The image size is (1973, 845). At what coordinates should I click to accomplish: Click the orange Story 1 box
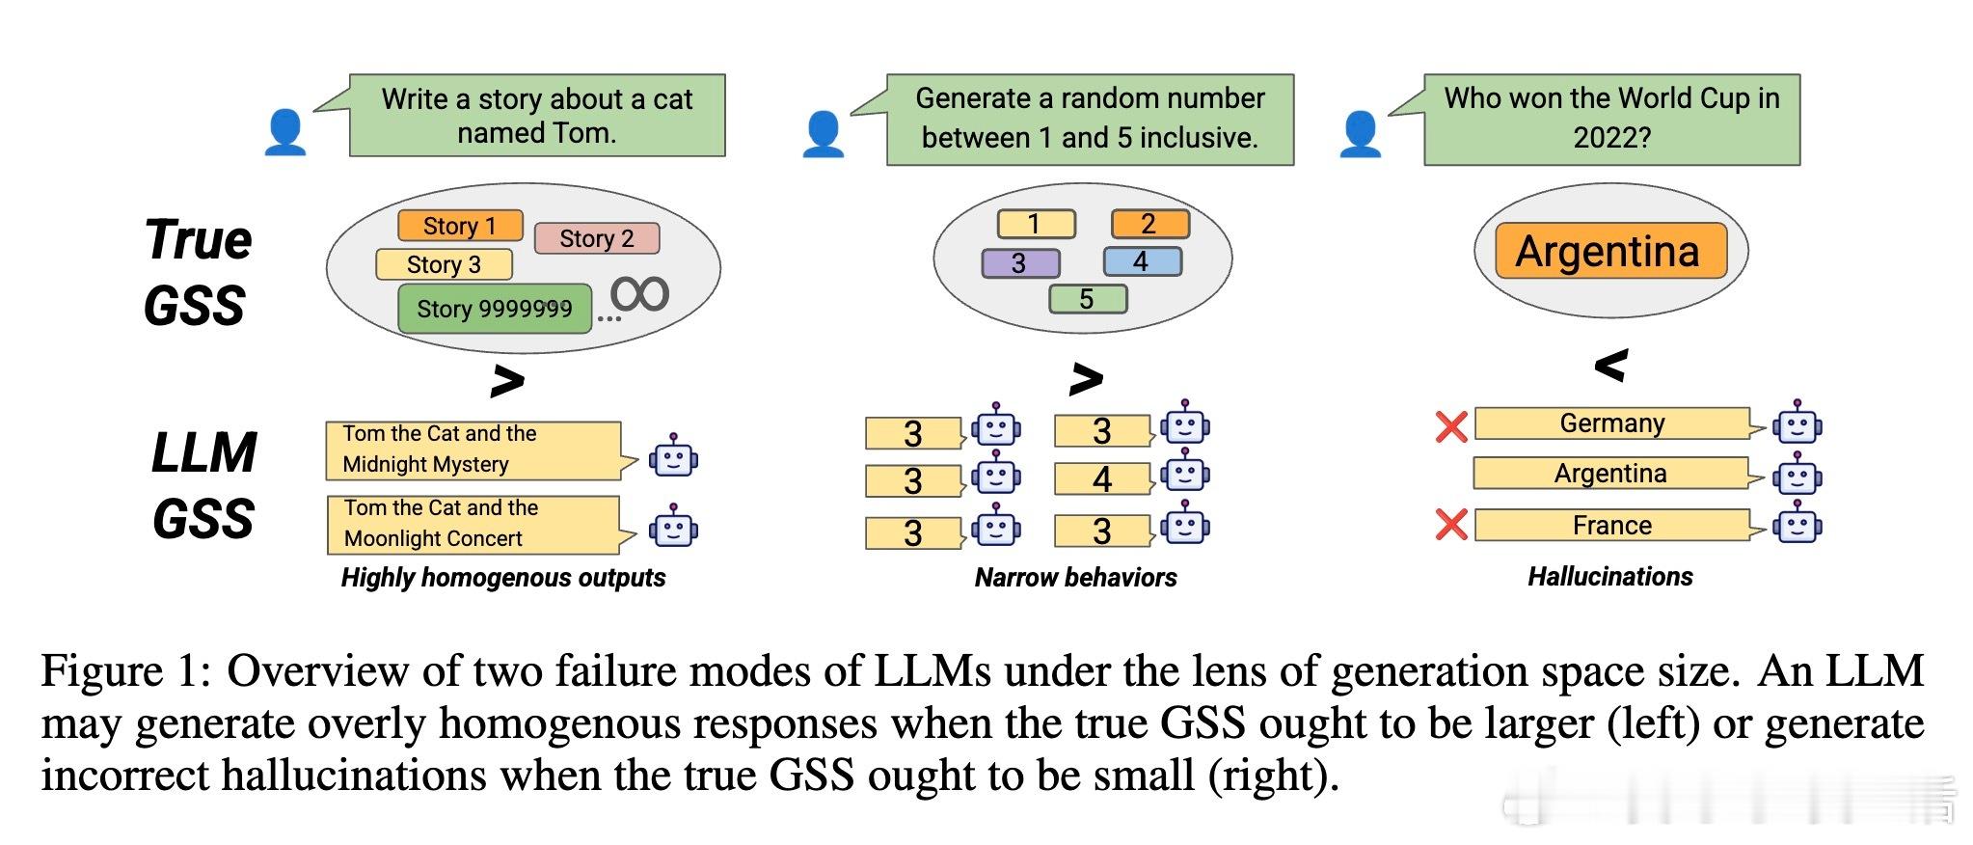pyautogui.click(x=460, y=226)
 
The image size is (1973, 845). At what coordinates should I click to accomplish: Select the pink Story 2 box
pyautogui.click(x=596, y=238)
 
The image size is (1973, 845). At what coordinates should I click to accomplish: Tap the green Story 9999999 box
pyautogui.click(x=494, y=309)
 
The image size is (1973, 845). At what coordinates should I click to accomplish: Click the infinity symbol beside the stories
pyautogui.click(x=639, y=293)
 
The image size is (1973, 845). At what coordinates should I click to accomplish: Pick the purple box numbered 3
pyautogui.click(x=1020, y=263)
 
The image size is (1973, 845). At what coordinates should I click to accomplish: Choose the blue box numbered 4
pyautogui.click(x=1142, y=261)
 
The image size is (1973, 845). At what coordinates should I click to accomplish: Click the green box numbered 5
pyautogui.click(x=1087, y=299)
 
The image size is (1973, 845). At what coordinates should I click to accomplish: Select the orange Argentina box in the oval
pyautogui.click(x=1608, y=251)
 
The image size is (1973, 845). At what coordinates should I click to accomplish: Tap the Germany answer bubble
pyautogui.click(x=1612, y=423)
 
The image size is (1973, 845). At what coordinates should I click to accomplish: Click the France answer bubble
pyautogui.click(x=1612, y=525)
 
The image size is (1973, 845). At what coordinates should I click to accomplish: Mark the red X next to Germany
pyautogui.click(x=1450, y=426)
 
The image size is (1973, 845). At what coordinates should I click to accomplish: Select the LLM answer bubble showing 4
pyautogui.click(x=1102, y=479)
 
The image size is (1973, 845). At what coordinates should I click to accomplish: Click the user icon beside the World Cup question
pyautogui.click(x=1360, y=133)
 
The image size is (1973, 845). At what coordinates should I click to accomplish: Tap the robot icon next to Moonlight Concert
pyautogui.click(x=673, y=527)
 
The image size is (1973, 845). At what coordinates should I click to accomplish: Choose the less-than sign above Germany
pyautogui.click(x=1611, y=365)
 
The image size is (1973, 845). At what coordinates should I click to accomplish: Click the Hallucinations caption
pyautogui.click(x=1609, y=577)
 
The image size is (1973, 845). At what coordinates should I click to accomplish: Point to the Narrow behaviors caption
pyautogui.click(x=1075, y=578)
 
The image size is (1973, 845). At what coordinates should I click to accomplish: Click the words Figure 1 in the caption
pyautogui.click(x=124, y=671)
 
